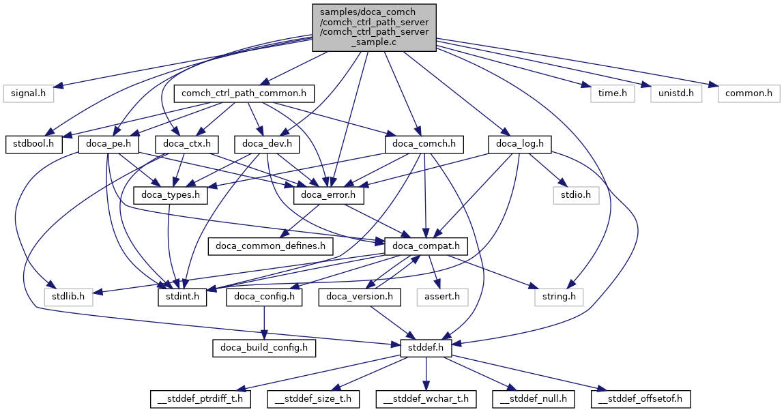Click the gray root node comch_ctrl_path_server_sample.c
374,27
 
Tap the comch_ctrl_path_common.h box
244,93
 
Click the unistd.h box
675,93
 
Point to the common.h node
747,93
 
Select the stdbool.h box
34,144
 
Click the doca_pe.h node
109,144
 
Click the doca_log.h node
520,144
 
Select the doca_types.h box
174,195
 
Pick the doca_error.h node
328,195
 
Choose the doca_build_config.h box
264,348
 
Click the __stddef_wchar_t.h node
426,398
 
